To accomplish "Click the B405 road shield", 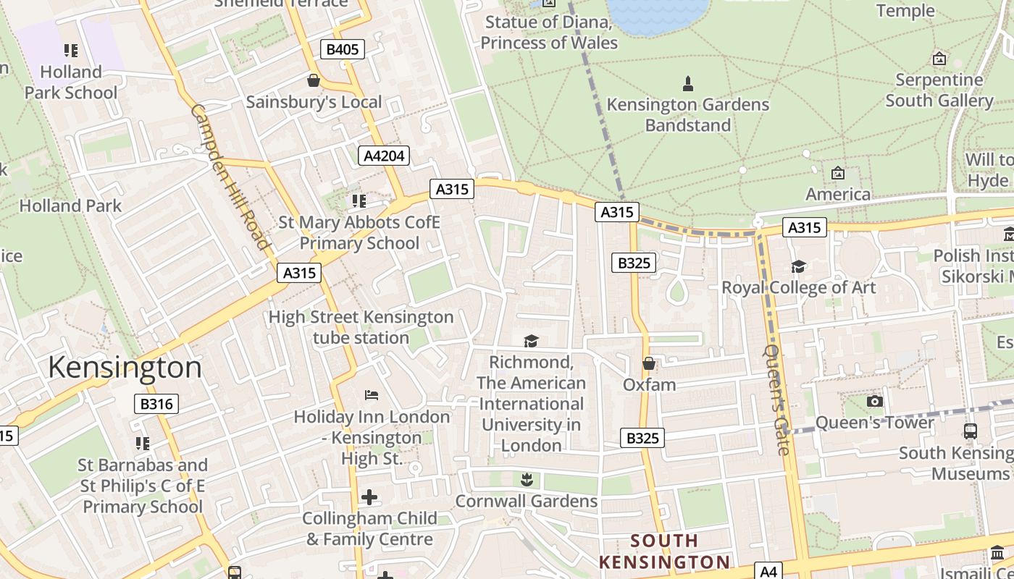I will point(343,49).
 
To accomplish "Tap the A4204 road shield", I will point(384,156).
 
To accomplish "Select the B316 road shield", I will point(156,404).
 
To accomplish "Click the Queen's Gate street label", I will point(776,399).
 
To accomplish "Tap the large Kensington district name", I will point(125,368).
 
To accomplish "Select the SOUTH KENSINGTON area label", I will point(664,551).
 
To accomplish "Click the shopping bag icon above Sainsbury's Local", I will point(314,80).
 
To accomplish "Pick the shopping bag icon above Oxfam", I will point(649,363).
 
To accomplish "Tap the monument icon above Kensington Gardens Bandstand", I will point(688,84).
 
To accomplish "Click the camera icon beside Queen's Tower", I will point(874,401).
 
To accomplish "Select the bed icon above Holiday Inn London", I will point(372,395).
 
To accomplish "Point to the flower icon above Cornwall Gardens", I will point(527,479).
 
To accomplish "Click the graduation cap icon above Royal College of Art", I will point(798,266).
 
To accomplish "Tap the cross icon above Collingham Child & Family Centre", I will point(369,497).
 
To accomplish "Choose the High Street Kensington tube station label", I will point(361,327).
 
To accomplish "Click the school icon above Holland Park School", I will point(70,51).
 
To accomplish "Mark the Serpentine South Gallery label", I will point(939,90).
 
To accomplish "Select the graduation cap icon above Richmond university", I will point(532,341).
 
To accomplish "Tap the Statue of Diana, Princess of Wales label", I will point(549,33).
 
